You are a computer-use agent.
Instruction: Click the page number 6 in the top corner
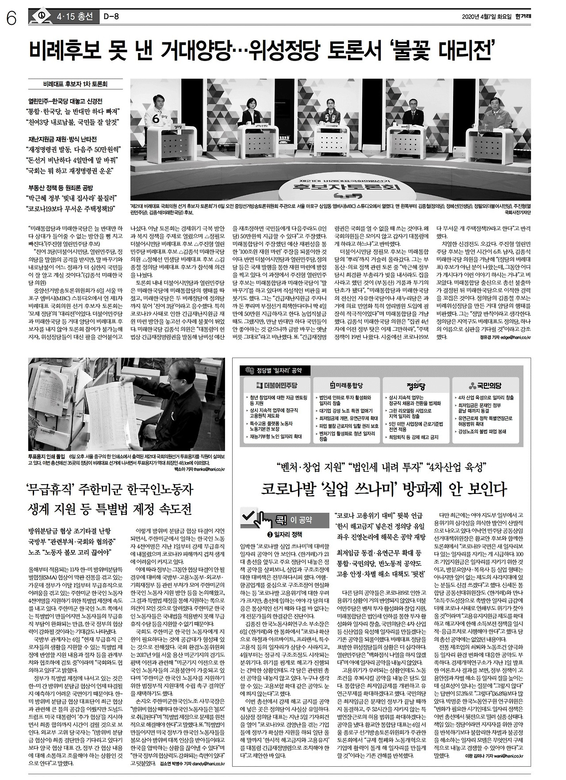click(11, 18)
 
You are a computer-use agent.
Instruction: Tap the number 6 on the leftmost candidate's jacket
click(155, 119)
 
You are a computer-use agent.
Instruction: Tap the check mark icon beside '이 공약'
click(249, 515)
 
